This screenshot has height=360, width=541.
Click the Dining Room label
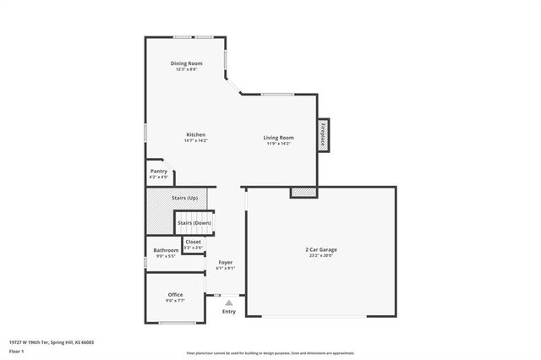(187, 63)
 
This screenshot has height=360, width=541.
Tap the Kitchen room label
(196, 134)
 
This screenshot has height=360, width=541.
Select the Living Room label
(278, 137)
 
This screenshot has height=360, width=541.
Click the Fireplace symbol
(323, 135)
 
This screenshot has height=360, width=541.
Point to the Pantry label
(159, 172)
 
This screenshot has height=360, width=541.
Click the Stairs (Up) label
(184, 198)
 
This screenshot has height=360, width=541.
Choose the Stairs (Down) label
(195, 222)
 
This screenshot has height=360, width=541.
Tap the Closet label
(194, 242)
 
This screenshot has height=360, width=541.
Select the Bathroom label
(166, 250)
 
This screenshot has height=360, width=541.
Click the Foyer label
(226, 262)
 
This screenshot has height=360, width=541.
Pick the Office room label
(175, 294)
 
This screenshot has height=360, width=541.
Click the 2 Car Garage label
(321, 249)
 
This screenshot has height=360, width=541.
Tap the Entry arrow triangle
(228, 302)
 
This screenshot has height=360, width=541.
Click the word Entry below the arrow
(229, 312)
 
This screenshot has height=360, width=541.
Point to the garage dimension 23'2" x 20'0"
(321, 255)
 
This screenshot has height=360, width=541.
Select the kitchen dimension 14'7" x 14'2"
(196, 140)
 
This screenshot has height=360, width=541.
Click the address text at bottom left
(51, 342)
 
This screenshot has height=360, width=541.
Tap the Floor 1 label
(16, 350)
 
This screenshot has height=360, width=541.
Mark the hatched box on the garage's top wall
(303, 193)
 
